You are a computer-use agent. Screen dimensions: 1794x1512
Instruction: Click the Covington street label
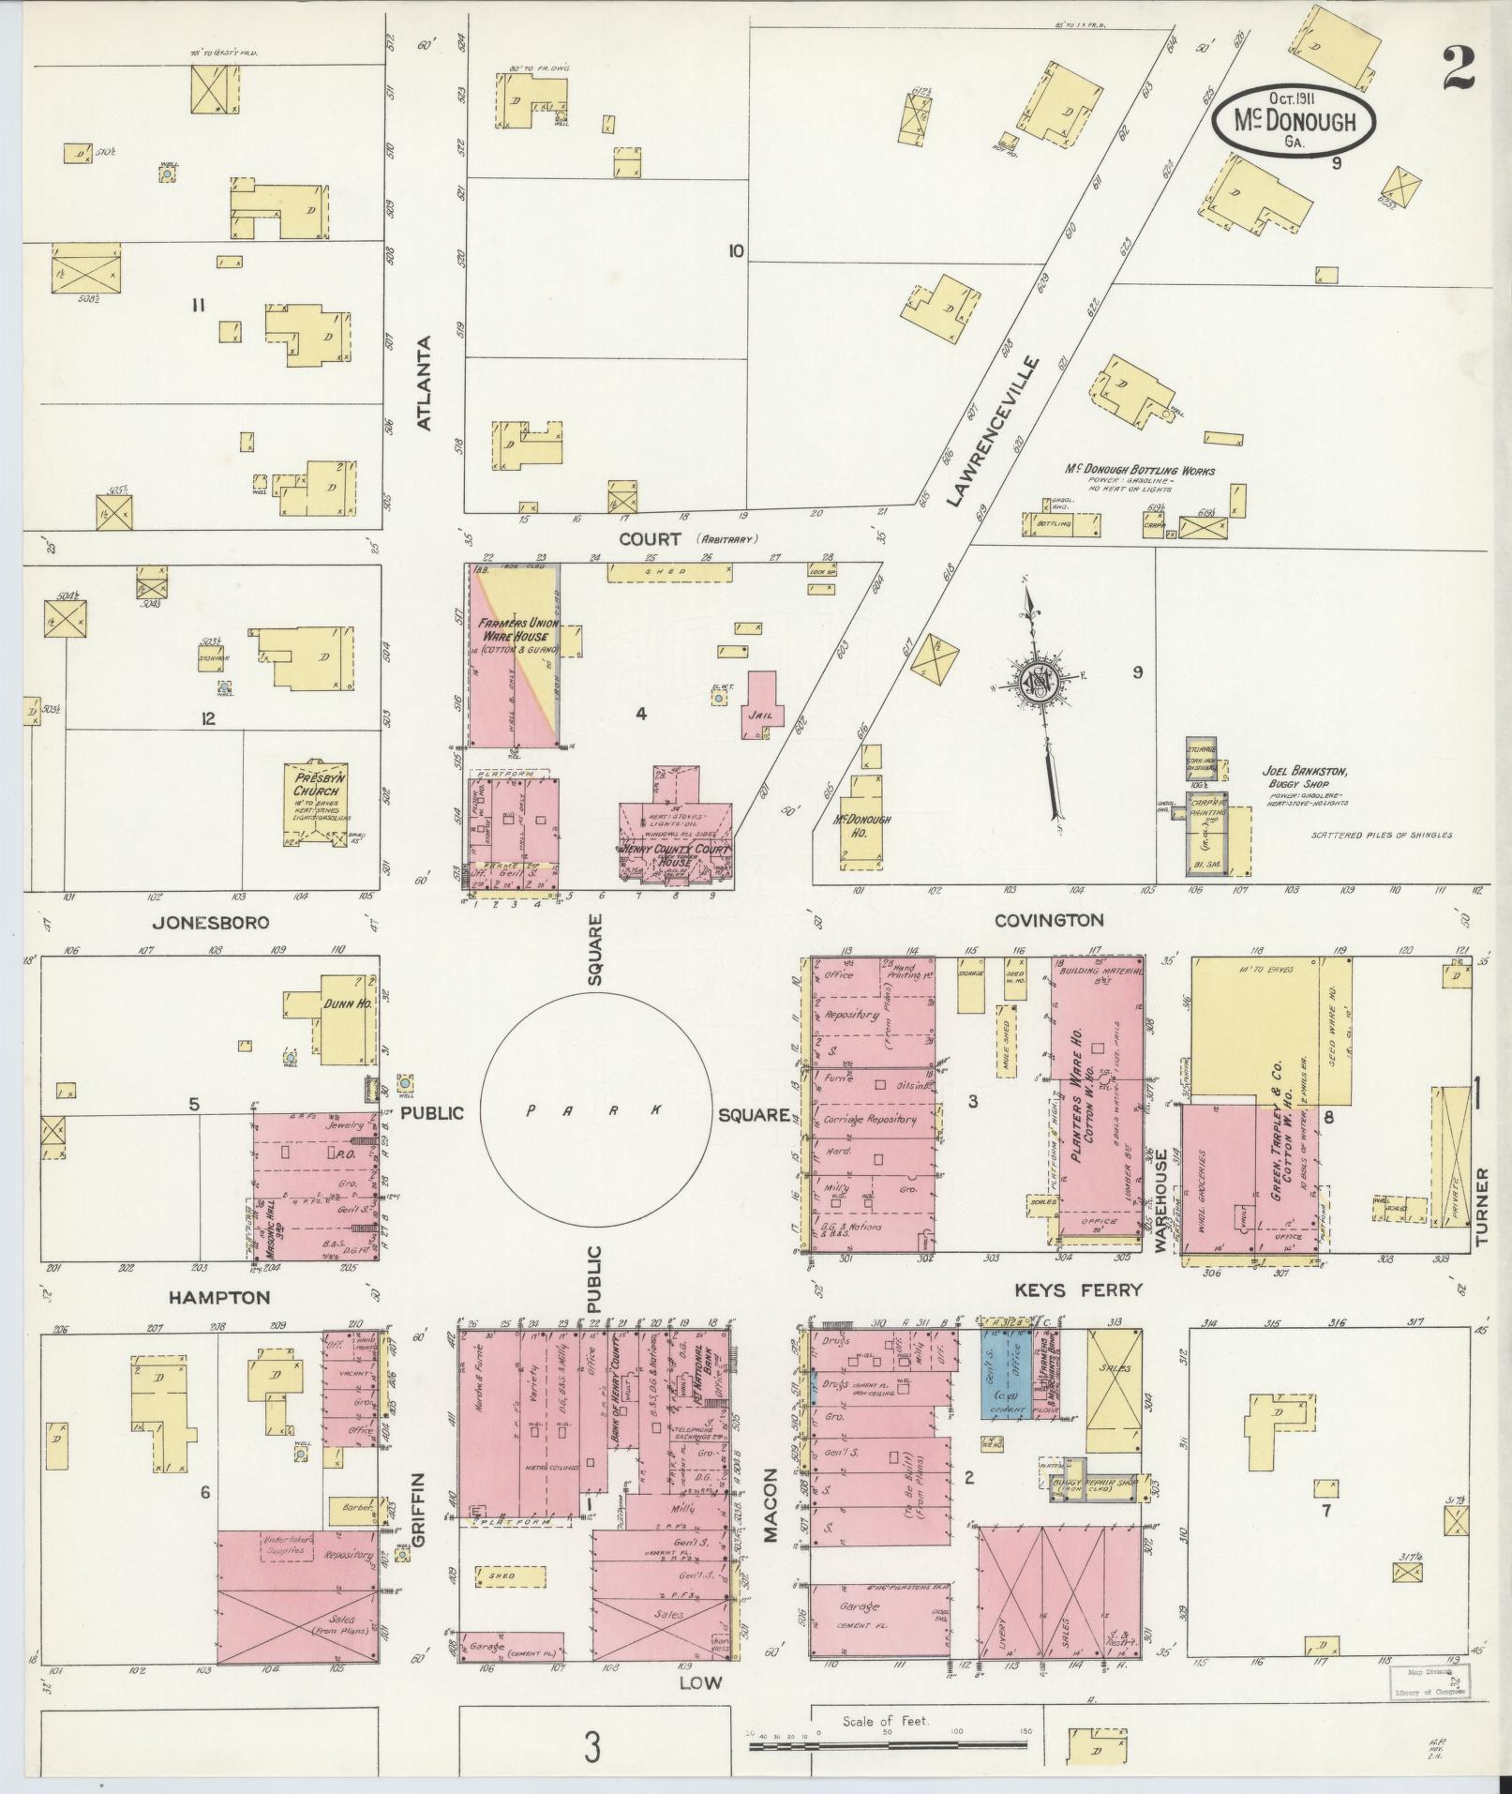click(x=1049, y=921)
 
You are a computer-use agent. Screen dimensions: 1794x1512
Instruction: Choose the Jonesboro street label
click(x=211, y=923)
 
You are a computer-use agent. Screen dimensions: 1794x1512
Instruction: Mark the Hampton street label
click(x=219, y=1298)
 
